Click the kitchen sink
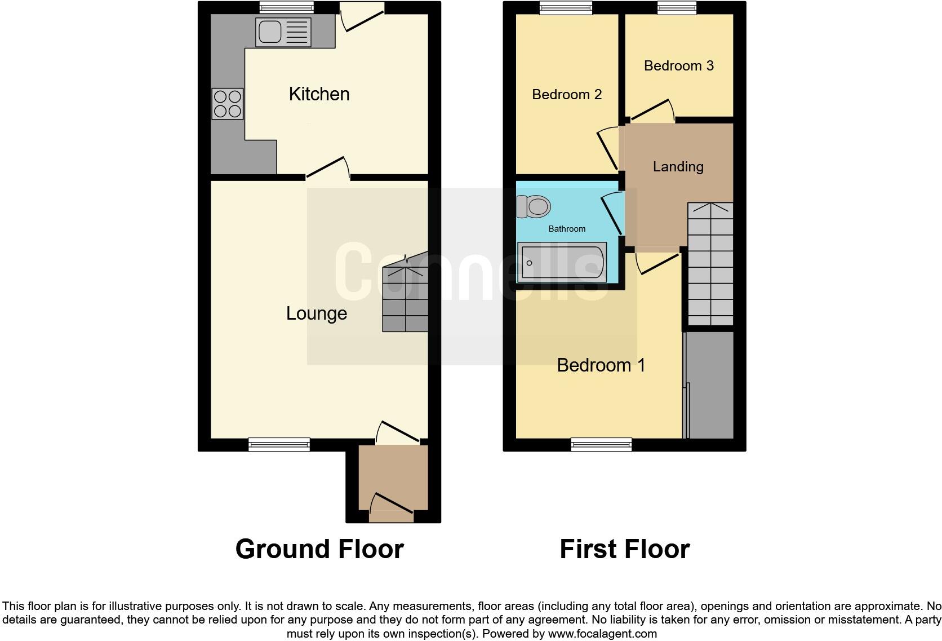point(283,32)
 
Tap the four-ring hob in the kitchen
point(228,104)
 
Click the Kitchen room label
point(319,94)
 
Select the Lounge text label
point(316,313)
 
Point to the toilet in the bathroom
point(533,206)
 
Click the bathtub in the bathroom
point(562,263)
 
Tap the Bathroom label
point(567,229)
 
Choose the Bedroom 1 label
point(601,365)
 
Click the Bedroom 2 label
point(567,94)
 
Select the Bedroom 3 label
point(678,66)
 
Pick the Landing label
point(678,167)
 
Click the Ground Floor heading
point(319,549)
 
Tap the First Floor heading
point(624,549)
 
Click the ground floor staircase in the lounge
point(405,299)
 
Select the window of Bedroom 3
point(677,7)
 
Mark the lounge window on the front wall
point(279,445)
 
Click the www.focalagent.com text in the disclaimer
point(602,634)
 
